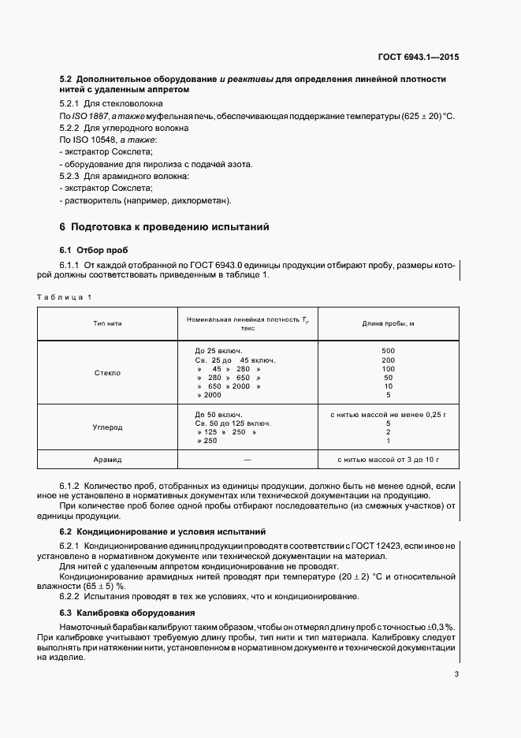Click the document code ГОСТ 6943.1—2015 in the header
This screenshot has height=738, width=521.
[418, 58]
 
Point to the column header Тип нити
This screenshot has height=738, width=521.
[108, 323]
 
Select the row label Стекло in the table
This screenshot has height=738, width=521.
[108, 373]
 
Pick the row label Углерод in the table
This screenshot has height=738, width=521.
[108, 427]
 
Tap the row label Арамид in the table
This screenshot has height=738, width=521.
[108, 458]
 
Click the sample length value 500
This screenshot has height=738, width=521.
[388, 350]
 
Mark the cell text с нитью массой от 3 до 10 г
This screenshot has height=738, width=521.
[388, 458]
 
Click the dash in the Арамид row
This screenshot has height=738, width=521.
[247, 458]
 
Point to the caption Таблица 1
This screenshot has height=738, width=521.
[65, 296]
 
